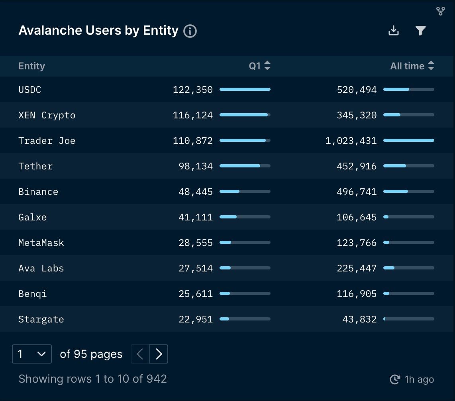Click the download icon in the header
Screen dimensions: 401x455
[394, 31]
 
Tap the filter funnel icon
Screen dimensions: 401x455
[421, 31]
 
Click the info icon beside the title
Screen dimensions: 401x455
[190, 31]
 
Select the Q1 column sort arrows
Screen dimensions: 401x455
[267, 66]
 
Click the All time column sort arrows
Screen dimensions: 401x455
[431, 66]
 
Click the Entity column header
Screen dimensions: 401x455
[32, 66]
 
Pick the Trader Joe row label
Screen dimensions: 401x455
[47, 141]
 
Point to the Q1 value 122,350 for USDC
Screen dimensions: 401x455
[193, 90]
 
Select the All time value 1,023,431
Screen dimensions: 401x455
[351, 141]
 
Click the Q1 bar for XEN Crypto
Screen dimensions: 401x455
[245, 115]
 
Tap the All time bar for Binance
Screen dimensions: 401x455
[408, 191]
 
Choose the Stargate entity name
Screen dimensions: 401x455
[41, 319]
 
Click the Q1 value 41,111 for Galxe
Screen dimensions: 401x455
[196, 217]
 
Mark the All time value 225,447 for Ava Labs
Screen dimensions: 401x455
[357, 268]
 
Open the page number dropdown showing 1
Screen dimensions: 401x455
[32, 354]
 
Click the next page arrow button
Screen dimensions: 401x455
[159, 354]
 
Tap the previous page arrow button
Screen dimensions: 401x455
[140, 354]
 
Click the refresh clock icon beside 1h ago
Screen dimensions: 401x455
[394, 379]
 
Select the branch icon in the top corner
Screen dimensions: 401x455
[440, 11]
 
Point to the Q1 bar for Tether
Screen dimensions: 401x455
[245, 166]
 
